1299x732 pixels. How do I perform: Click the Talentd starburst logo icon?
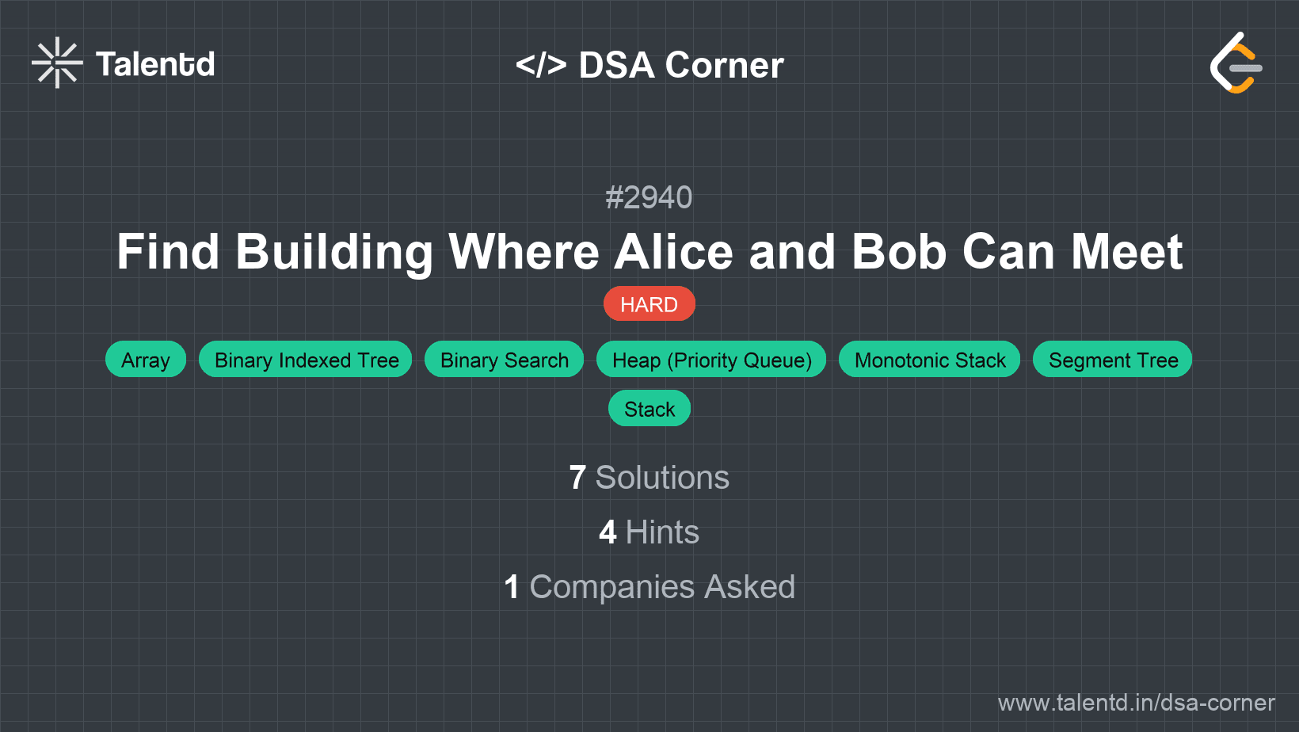[57, 63]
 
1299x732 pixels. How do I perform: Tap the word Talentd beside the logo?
[155, 64]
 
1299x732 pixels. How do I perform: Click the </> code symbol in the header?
[541, 65]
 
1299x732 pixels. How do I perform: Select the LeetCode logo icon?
[1236, 63]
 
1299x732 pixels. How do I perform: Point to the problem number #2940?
[649, 197]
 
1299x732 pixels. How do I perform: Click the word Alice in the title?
[672, 252]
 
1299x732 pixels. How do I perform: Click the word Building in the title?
[333, 252]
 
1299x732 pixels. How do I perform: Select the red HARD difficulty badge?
[649, 304]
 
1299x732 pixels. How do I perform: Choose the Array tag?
[146, 360]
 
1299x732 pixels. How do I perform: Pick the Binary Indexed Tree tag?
[307, 360]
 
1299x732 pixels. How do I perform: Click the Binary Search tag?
[505, 360]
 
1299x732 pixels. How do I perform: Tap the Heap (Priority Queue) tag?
[712, 360]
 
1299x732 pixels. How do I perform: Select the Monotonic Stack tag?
[930, 360]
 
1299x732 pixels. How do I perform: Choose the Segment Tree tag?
[1113, 360]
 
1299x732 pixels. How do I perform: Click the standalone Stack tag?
[649, 409]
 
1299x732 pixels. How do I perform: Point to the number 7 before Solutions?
[577, 478]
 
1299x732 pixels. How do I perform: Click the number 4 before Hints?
[608, 532]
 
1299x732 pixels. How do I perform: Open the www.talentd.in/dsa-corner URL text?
[1136, 703]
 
